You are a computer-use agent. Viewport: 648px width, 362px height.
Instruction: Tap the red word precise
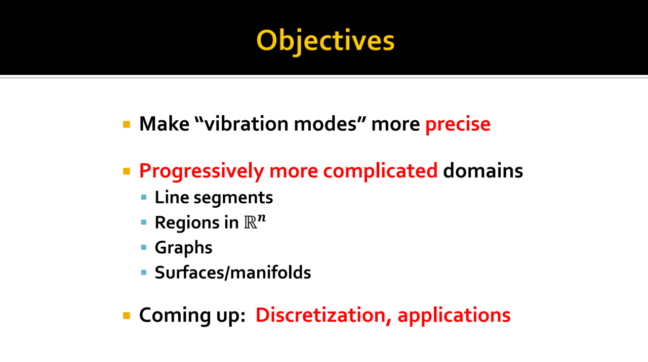pos(458,124)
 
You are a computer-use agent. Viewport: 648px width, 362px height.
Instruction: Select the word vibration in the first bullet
pos(247,124)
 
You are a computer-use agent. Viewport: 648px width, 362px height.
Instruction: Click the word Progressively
pos(201,171)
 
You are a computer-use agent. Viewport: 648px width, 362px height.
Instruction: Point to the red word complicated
pos(380,171)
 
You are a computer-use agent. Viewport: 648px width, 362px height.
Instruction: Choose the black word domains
pos(483,171)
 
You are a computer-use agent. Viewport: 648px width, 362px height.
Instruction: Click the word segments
pos(233,198)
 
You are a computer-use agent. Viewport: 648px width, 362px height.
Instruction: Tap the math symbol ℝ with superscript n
pos(255,221)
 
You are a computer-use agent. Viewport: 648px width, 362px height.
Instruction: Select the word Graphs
pos(184,248)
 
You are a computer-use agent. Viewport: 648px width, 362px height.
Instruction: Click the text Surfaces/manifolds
pos(233,272)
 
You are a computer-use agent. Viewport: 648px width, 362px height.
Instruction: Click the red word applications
pos(454,315)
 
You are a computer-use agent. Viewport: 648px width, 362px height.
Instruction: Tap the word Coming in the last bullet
pos(175,315)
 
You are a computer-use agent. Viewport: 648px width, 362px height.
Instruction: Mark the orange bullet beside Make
pos(127,124)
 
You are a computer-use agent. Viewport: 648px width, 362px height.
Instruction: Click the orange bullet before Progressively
pos(127,171)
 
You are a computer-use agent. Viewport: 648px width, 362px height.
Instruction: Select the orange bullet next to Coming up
pos(127,315)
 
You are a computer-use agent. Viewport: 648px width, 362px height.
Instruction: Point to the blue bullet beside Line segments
pos(144,198)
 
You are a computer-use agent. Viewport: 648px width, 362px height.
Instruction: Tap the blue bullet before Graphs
pos(144,248)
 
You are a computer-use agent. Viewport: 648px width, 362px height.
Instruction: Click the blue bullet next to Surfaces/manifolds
pos(144,273)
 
